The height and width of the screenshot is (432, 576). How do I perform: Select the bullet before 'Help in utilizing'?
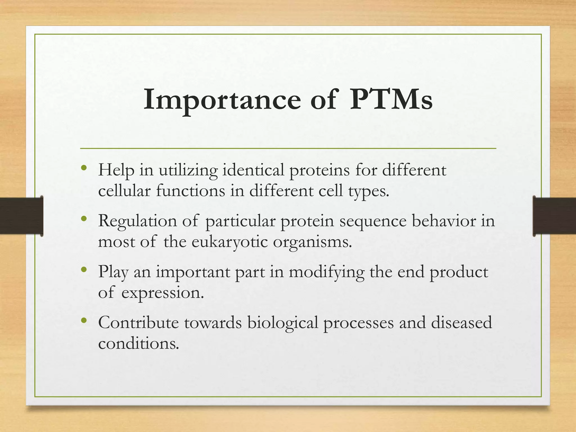[84, 168]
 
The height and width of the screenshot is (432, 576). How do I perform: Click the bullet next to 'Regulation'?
[84, 219]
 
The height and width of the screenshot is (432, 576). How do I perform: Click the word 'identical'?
[253, 170]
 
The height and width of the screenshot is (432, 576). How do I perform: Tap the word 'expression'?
[162, 294]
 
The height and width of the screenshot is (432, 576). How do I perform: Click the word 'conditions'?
[138, 343]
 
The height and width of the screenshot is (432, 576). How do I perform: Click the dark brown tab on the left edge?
[21, 216]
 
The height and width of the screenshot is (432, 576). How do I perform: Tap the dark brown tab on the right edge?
[554, 216]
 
